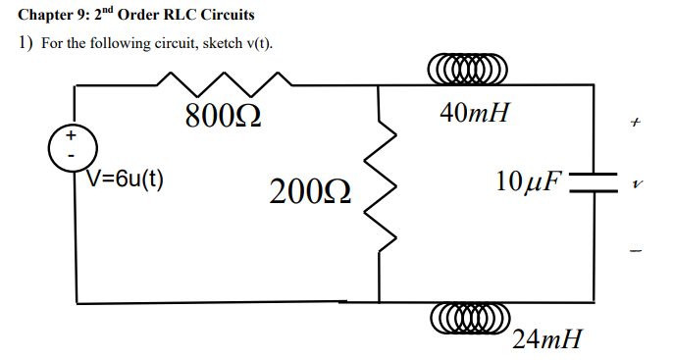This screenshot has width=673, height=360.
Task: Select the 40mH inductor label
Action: (x=475, y=115)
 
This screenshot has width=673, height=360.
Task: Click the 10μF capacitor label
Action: (x=530, y=182)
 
